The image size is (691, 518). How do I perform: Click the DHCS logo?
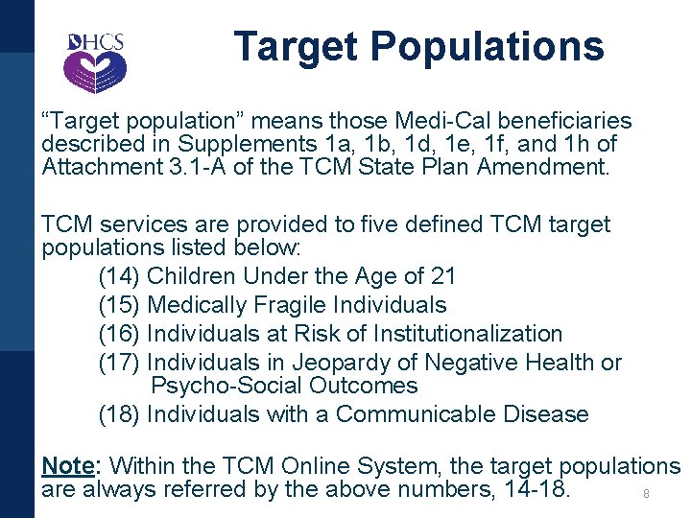pos(94,60)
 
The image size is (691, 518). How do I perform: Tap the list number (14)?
pos(120,277)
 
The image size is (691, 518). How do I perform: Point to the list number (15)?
pos(120,306)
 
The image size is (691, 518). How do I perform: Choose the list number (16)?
pos(120,335)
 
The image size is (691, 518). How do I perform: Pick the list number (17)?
pos(120,364)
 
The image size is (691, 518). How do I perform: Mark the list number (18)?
pos(120,415)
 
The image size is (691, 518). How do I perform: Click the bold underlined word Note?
pos(67,467)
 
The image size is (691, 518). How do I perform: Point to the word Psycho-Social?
pos(226,387)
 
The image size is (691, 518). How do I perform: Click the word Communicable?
pos(413,415)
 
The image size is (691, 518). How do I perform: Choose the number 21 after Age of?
pos(443,277)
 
